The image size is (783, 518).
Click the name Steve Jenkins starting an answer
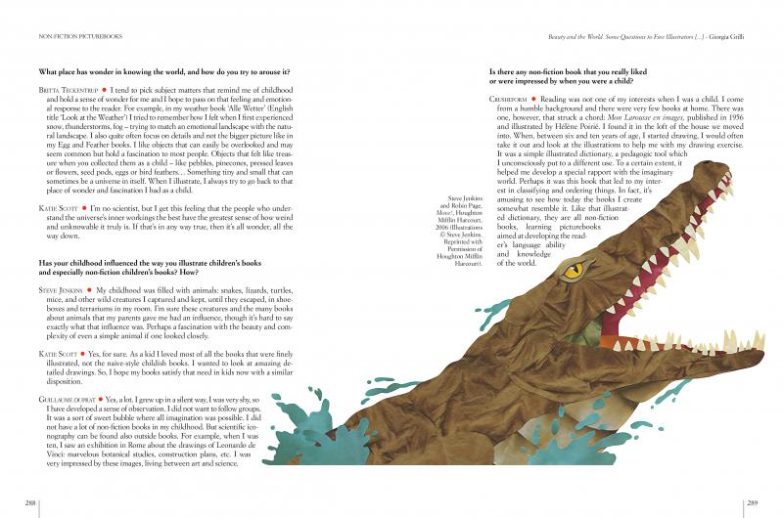(61, 290)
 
